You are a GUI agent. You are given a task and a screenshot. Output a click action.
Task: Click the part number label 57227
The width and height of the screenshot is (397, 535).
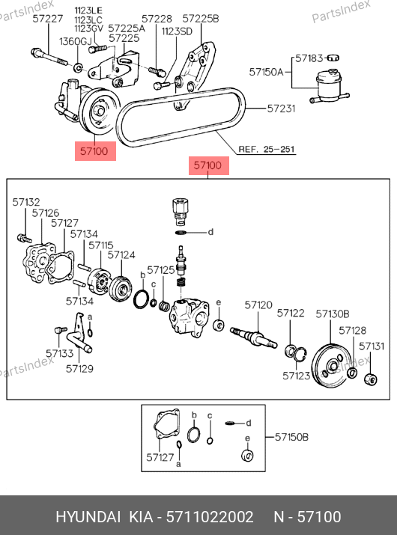(48, 19)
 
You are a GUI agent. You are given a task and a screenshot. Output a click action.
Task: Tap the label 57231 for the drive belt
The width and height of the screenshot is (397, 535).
(281, 108)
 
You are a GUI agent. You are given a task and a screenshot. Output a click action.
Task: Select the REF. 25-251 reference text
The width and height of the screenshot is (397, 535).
(267, 149)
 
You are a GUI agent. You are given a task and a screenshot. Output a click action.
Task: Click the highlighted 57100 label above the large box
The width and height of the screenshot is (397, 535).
(207, 165)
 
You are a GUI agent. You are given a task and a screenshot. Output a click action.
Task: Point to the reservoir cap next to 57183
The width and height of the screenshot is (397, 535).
(333, 58)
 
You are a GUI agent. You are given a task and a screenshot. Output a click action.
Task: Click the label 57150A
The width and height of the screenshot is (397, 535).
(267, 72)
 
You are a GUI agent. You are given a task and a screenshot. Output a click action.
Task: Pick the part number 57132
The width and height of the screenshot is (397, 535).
(26, 202)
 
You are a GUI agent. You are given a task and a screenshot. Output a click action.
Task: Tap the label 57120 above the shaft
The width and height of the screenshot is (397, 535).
(258, 305)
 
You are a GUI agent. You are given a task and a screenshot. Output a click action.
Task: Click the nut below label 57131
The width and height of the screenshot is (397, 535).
(371, 379)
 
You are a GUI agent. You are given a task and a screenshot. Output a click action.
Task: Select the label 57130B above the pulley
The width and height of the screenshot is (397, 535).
(333, 314)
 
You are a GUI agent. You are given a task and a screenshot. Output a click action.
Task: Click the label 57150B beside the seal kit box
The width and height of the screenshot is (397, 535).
(292, 437)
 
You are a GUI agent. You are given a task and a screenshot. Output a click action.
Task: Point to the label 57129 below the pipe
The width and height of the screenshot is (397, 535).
(79, 368)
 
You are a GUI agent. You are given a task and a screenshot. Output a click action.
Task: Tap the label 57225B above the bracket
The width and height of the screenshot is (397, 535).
(201, 19)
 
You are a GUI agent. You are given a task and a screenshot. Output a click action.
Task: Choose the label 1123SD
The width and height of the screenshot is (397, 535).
(177, 31)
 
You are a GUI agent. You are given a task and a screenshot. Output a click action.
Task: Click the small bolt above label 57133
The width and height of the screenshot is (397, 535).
(61, 329)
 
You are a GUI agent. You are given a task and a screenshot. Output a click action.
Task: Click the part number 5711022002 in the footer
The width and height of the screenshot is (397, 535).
(210, 516)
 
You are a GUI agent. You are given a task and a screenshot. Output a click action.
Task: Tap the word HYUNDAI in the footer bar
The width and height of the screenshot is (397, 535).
(88, 516)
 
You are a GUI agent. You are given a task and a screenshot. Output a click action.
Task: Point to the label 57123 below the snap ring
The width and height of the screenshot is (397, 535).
(296, 376)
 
